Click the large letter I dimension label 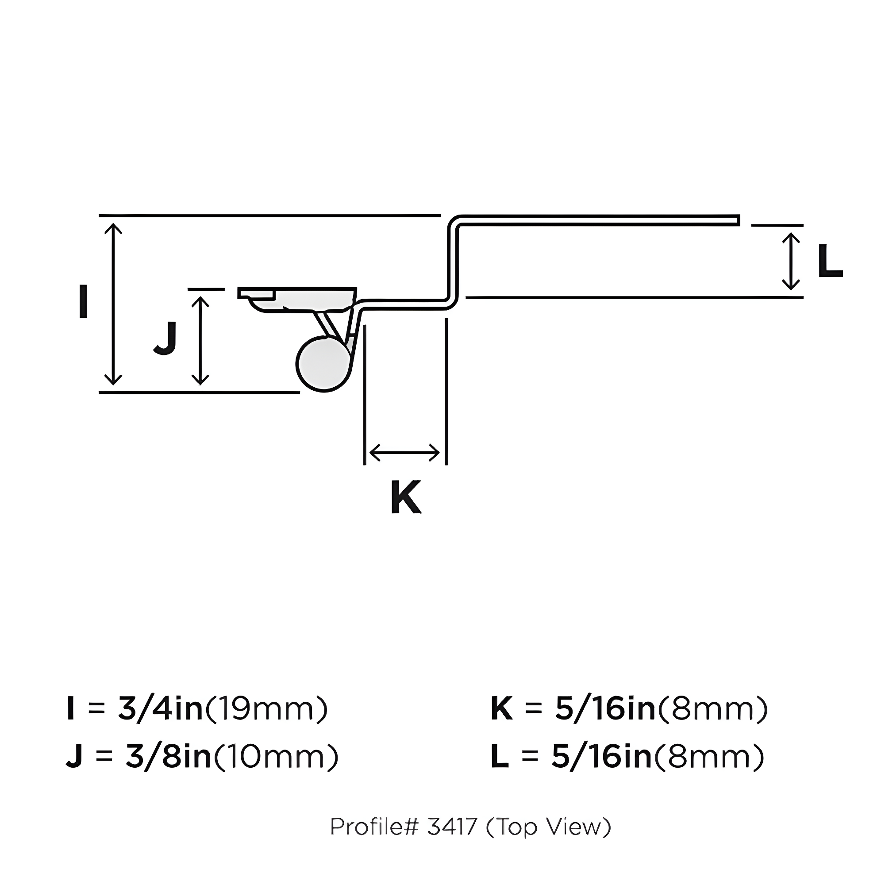[83, 301]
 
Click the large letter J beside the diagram [166, 338]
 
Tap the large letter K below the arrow [406, 497]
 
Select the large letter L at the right [830, 261]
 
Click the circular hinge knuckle [323, 364]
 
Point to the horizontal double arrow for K [404, 453]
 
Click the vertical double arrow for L [791, 262]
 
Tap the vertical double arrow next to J [200, 340]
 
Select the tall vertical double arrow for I [113, 304]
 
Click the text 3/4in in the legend [160, 708]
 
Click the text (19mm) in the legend [266, 708]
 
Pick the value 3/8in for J [168, 756]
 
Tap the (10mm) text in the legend [276, 756]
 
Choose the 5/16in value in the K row [605, 708]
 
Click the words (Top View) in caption [548, 827]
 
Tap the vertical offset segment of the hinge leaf [453, 261]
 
